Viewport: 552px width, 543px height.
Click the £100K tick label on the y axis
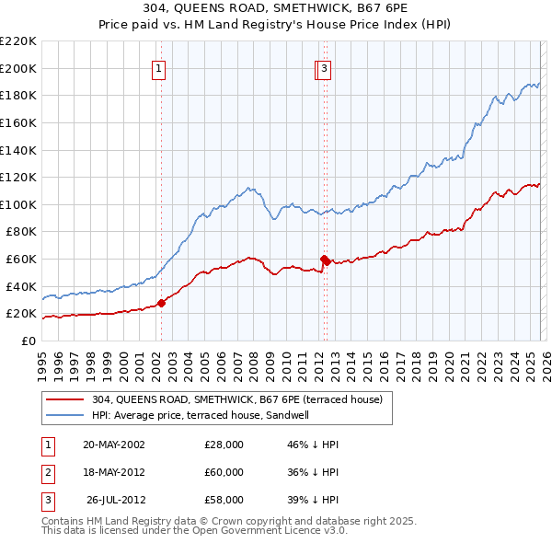pyautogui.click(x=18, y=204)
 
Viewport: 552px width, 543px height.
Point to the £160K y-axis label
pyautogui.click(x=18, y=122)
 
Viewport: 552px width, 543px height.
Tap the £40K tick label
pyautogui.click(x=21, y=286)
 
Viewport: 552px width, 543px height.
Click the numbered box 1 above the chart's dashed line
pyautogui.click(x=159, y=68)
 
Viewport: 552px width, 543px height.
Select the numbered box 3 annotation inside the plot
pyautogui.click(x=326, y=68)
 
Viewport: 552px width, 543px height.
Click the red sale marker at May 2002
pyautogui.click(x=162, y=302)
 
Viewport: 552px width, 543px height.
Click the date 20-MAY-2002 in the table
pyautogui.click(x=114, y=445)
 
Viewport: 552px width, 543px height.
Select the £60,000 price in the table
pyautogui.click(x=224, y=472)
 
